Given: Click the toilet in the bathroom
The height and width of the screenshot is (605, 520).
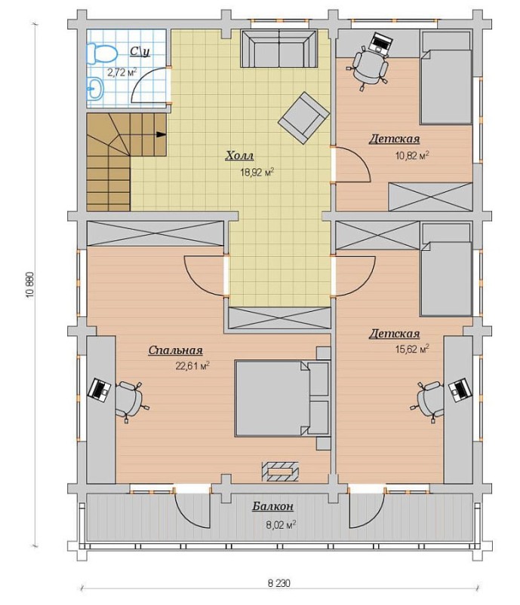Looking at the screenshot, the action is click(101, 53).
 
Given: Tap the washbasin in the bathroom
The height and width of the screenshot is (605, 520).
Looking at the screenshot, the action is click(95, 88).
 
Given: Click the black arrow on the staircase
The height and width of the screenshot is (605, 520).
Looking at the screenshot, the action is click(161, 134).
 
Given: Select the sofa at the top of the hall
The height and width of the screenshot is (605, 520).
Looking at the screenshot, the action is click(278, 50).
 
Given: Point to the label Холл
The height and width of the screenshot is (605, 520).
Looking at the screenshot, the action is click(239, 156).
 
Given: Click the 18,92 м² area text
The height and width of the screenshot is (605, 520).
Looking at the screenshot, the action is click(257, 172).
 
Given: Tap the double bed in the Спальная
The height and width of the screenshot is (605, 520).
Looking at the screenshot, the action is click(282, 398).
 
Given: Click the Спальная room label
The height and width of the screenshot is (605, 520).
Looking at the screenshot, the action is click(176, 350).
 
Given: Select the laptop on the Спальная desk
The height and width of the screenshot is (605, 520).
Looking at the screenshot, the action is click(99, 390).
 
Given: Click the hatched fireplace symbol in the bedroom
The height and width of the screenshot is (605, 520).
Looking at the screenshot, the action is click(280, 471).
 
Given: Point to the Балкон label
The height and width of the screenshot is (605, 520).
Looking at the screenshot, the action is click(273, 506).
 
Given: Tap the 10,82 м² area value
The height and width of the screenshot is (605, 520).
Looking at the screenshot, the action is click(412, 155).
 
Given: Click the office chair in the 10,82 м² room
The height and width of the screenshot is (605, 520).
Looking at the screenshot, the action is click(368, 66).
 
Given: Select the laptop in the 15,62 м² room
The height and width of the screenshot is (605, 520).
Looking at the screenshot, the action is click(460, 390).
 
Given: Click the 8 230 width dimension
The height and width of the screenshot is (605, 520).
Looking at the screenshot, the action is click(279, 582).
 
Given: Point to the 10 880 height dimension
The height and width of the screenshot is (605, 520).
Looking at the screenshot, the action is click(30, 284).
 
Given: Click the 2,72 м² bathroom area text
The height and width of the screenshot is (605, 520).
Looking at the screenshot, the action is click(122, 72).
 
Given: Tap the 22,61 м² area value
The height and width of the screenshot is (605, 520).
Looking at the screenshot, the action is click(192, 365).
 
